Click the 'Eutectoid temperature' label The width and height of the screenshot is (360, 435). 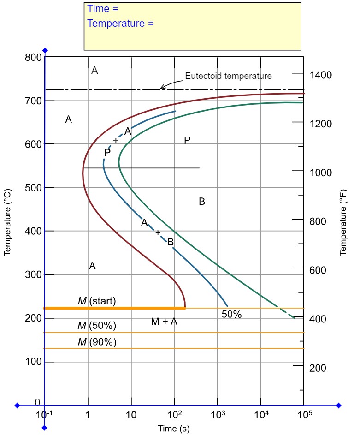coord(228,76)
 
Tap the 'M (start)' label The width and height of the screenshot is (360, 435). coord(97,301)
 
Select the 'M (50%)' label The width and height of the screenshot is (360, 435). coord(97,326)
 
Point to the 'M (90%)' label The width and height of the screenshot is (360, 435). coord(97,342)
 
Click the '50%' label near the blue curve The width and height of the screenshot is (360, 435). coord(231,315)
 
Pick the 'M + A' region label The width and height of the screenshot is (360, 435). coord(164,322)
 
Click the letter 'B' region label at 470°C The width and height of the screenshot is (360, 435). coord(201,201)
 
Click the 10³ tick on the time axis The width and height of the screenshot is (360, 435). coord(218,414)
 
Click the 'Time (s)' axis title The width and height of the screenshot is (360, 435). coord(174,429)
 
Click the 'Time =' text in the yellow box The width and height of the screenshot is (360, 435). coord(102,9)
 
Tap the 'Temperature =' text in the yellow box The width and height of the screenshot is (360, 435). coord(120,23)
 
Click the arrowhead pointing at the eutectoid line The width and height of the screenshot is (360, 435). coord(161,88)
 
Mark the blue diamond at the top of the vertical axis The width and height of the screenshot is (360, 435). coord(45,50)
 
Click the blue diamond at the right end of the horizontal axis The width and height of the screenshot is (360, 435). coord(339,405)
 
